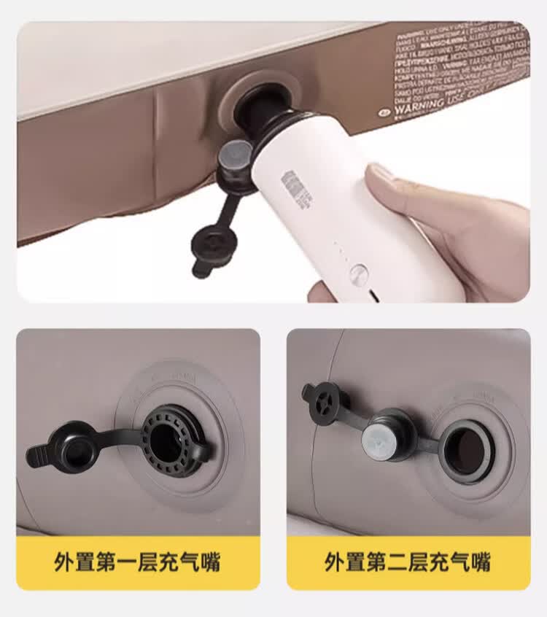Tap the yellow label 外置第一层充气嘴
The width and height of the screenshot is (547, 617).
[x=137, y=562]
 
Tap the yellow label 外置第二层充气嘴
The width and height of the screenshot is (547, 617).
[x=408, y=562]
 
